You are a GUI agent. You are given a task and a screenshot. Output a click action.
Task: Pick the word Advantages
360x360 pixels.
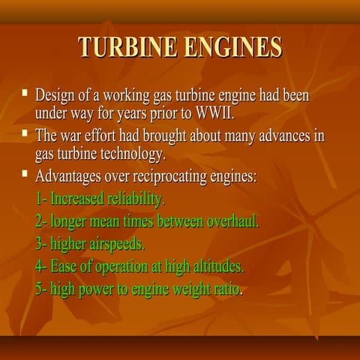71,178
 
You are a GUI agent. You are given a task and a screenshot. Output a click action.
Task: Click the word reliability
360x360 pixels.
136,200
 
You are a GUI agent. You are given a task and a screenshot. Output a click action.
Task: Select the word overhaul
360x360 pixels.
232,222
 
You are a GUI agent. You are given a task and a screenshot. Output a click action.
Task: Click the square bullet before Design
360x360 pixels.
25,94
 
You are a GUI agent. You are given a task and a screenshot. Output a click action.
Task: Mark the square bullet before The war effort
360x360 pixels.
25,135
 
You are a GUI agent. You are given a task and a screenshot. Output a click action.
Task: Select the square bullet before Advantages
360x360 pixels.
25,175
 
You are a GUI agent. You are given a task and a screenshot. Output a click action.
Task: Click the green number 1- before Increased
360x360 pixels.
42,200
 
